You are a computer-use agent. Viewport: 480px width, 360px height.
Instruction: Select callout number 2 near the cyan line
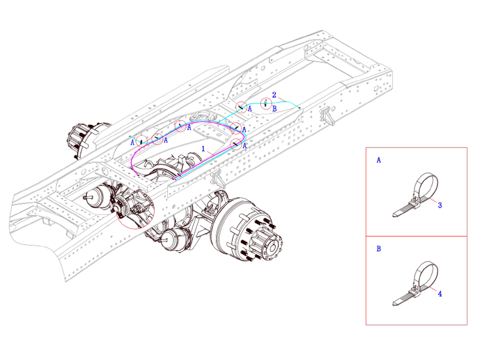(x=274, y=95)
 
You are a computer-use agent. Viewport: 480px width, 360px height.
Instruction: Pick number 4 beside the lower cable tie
(x=440, y=294)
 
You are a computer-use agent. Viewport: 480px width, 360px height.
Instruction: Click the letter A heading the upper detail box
(x=379, y=161)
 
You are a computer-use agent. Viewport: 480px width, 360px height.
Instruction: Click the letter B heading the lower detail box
(x=379, y=248)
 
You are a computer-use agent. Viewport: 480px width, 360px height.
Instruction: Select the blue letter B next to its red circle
(x=274, y=109)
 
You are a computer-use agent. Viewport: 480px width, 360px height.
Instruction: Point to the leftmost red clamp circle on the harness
(x=141, y=140)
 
